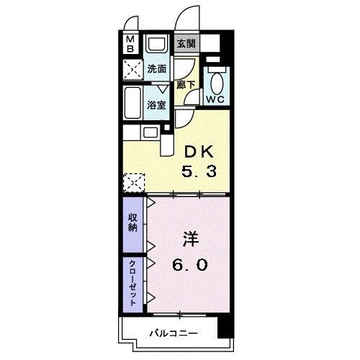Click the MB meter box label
(130, 44)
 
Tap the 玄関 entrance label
(186, 44)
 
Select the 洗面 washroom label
(157, 69)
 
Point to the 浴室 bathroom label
(156, 105)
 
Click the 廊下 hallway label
(186, 85)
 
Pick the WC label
(215, 99)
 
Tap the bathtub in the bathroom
(132, 103)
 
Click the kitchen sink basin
(150, 132)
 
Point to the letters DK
(199, 152)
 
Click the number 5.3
(199, 171)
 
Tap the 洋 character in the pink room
(192, 239)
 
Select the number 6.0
(190, 265)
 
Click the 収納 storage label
(132, 222)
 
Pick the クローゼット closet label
(132, 284)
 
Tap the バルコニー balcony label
(174, 333)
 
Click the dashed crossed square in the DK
(134, 182)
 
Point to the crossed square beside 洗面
(132, 70)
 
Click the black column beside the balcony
(225, 327)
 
